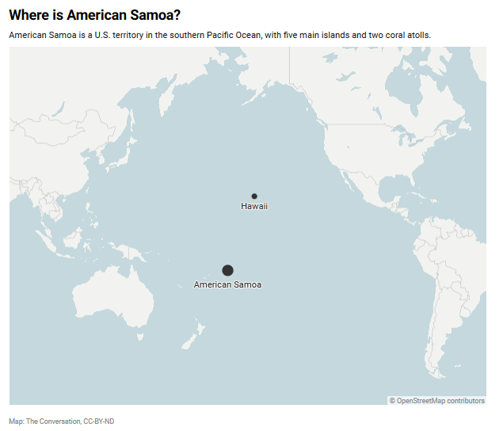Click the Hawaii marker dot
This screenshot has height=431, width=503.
pos(254,196)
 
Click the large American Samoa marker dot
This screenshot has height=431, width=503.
pos(227,270)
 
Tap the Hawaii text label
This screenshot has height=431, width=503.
pos(254,206)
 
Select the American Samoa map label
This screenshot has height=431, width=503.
pos(227,284)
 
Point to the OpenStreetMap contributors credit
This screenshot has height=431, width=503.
pos(436,401)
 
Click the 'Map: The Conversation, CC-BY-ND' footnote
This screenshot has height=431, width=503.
pos(62,421)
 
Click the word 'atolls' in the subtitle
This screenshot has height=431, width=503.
pos(418,36)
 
